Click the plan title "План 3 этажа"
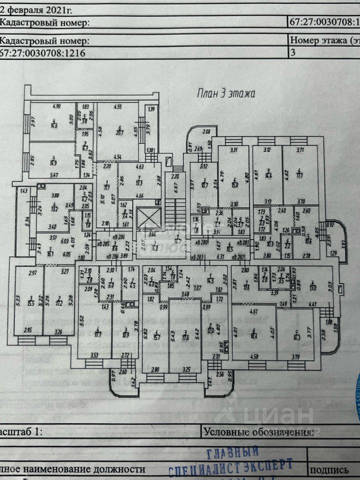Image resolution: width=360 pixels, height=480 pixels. [225, 93]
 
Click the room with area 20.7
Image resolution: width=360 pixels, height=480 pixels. [119, 131]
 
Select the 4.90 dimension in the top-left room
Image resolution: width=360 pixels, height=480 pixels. [56, 106]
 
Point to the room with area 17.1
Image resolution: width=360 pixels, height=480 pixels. [299, 175]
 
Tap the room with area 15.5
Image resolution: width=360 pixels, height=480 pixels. [30, 303]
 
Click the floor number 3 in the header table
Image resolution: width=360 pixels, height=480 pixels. [293, 52]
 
